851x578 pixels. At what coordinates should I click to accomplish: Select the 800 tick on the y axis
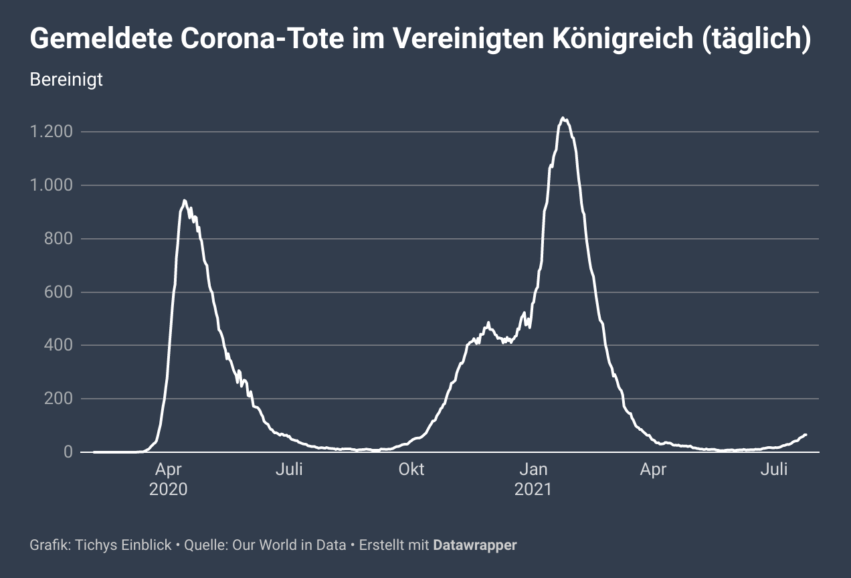click(60, 239)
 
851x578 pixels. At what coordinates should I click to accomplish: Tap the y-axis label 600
click(60, 292)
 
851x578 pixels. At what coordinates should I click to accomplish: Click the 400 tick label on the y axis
click(60, 346)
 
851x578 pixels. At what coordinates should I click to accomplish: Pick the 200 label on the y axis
click(60, 399)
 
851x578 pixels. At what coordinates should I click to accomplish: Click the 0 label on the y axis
click(68, 452)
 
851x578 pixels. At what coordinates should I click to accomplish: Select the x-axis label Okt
click(411, 470)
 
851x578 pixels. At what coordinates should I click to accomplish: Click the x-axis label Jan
click(533, 470)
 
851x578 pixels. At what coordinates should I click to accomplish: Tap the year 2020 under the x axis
click(169, 489)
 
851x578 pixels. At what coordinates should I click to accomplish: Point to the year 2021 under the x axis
click(533, 489)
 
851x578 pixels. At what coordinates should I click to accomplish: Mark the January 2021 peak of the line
click(563, 118)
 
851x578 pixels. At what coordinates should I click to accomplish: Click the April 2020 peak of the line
click(184, 201)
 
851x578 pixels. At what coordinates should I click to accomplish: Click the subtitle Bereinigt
click(66, 80)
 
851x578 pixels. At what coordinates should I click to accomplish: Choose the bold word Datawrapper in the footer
click(475, 545)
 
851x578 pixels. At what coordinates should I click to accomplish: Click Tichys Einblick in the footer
click(124, 545)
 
